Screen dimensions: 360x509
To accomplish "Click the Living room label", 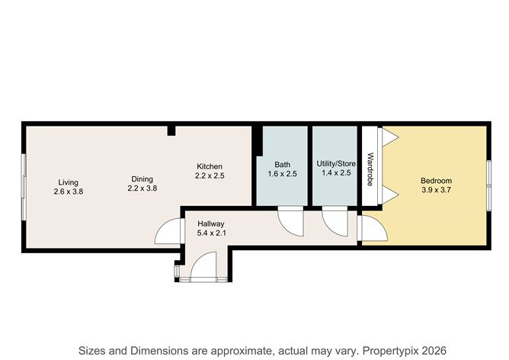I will pos(69,182).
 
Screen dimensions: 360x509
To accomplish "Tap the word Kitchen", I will pos(210,166).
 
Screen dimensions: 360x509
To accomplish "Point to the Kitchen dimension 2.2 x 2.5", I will pos(210,176).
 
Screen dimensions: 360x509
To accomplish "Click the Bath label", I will pos(282,164).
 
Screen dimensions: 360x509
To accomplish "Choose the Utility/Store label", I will pos(336,164).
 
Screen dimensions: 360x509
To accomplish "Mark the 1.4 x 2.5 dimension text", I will pos(336,174).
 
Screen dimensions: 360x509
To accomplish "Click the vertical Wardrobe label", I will pos(370,170).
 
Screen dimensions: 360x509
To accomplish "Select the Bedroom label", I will pos(436,181).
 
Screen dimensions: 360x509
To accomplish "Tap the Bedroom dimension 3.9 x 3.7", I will pos(436,191).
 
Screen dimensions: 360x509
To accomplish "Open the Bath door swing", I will pos(290,220).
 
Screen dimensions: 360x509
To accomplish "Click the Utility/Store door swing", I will pos(335,220).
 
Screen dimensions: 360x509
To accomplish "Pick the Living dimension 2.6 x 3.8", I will pos(69,191).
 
